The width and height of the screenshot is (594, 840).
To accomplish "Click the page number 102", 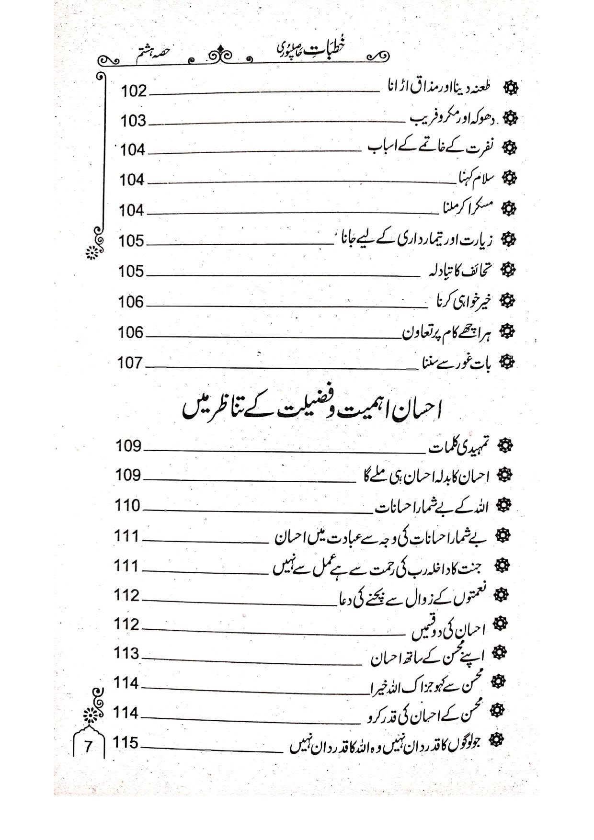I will [x=134, y=91].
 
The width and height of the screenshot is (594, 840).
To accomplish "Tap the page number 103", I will [x=133, y=121].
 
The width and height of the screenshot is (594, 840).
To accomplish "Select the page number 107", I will [x=131, y=363].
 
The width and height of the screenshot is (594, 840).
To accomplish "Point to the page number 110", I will [x=128, y=506].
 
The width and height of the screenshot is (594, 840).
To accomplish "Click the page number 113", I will [x=127, y=654].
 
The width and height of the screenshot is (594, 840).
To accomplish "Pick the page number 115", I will [x=126, y=743].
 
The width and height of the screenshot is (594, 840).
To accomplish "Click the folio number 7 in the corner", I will [x=89, y=747].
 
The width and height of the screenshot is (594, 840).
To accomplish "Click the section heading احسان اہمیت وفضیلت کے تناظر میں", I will [x=312, y=408].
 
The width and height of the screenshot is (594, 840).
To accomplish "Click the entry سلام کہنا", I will [x=474, y=179].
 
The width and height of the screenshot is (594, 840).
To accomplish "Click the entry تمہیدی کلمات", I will [x=459, y=447].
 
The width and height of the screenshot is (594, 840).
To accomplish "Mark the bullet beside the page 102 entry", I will [x=512, y=88].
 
